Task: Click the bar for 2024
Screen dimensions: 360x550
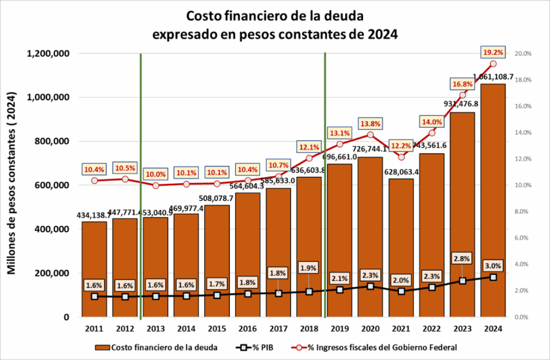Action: [x=493, y=204]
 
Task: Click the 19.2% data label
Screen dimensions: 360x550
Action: [x=493, y=52]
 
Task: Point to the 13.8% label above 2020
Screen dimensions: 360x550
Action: [x=370, y=124]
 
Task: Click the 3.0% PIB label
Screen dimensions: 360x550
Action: [x=493, y=265]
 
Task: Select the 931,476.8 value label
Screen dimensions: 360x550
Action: [x=462, y=103]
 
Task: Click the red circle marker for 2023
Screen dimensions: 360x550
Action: [x=462, y=95]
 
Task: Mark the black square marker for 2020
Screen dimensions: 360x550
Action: [x=370, y=286]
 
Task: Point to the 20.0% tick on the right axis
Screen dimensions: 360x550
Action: [x=523, y=54]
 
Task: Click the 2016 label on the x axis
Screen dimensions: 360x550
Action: [x=248, y=329]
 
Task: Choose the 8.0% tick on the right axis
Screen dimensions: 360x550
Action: [x=523, y=212]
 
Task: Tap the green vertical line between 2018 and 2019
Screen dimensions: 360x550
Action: [x=325, y=188]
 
